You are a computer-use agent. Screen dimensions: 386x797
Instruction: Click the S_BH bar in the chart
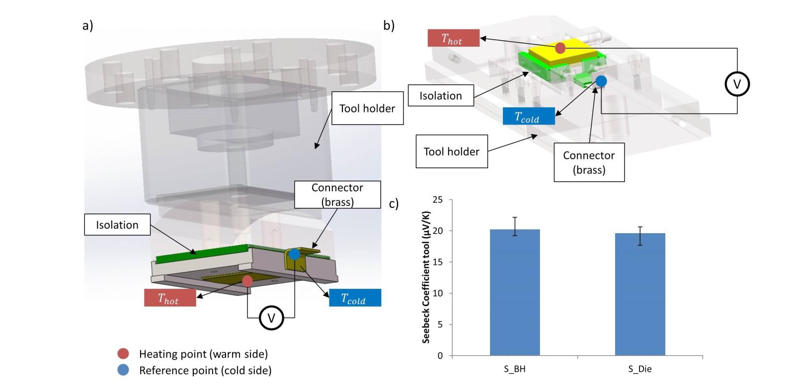point(515,293)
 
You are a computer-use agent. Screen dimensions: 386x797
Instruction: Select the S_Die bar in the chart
point(640,295)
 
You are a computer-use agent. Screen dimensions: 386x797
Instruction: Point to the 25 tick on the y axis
point(438,199)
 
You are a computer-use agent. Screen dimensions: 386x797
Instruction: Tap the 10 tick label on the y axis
point(438,293)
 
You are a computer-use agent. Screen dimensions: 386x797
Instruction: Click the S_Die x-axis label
point(640,369)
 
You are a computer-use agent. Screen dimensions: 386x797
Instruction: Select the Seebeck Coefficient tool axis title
point(426,277)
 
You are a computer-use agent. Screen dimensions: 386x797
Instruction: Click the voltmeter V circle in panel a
point(271,318)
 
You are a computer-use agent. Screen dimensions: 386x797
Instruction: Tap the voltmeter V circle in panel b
point(737,84)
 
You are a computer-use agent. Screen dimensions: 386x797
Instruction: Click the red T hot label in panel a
point(170,298)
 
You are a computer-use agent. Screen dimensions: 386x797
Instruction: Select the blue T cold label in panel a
point(355,298)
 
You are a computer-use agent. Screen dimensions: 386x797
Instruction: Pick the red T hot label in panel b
point(453,38)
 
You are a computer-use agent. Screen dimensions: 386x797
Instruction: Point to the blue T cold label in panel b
point(528,116)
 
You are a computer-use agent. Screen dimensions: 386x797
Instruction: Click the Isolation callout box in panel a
point(117,225)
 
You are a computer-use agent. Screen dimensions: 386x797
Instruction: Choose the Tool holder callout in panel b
point(451,151)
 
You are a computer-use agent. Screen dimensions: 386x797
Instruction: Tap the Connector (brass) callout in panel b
point(589,162)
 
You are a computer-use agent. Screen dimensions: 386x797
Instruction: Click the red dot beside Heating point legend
point(123,354)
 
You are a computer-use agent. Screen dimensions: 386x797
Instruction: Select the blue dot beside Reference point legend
point(123,370)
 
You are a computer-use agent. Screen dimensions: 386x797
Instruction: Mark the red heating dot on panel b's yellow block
point(560,48)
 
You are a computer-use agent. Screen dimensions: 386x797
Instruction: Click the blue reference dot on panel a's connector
point(294,255)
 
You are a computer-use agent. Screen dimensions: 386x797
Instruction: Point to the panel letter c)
point(394,204)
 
